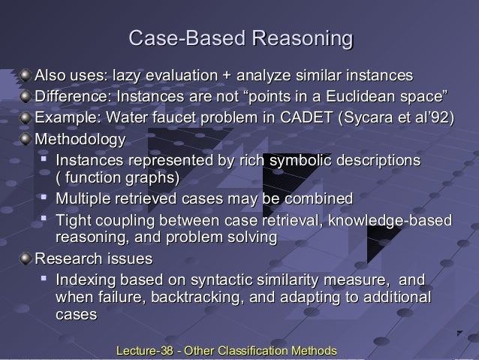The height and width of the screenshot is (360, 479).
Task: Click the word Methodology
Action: tap(83, 140)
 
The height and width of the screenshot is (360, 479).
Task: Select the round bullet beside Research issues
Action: tap(26, 259)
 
